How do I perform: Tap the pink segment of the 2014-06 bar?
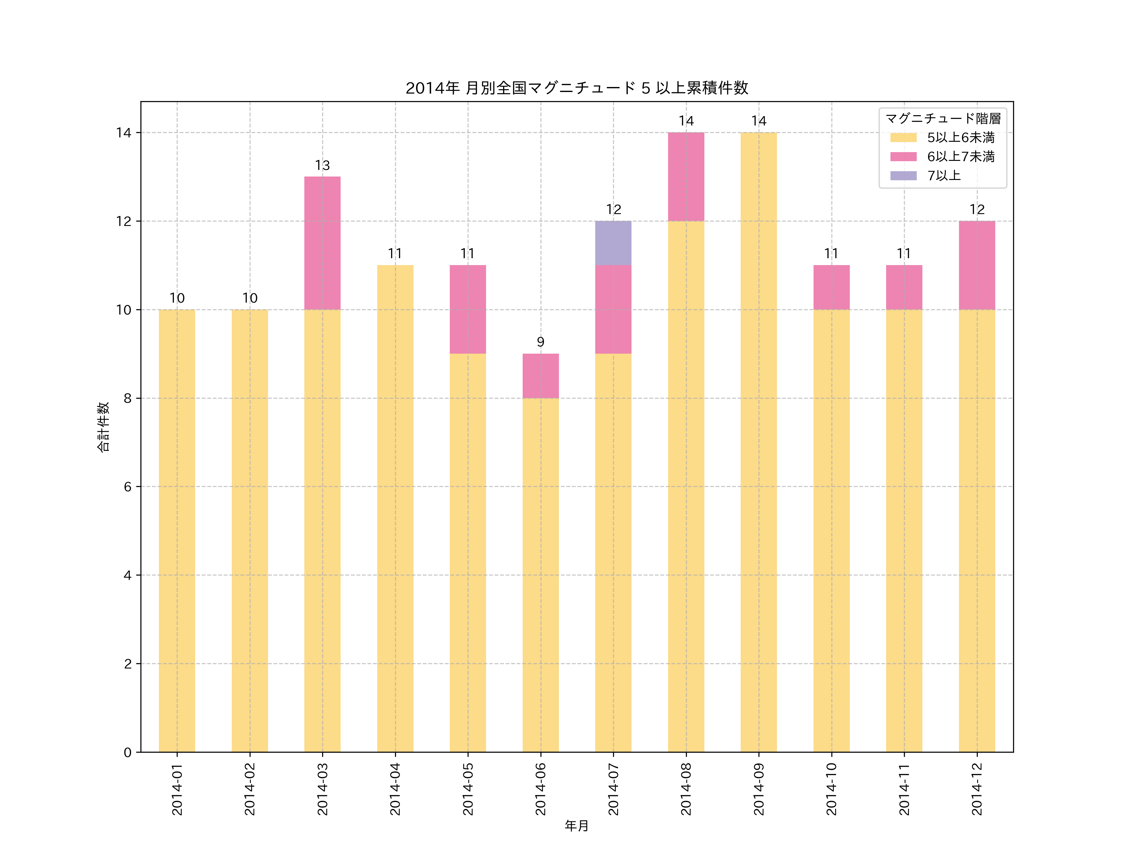pyautogui.click(x=540, y=376)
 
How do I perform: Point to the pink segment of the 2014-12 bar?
pyautogui.click(x=976, y=265)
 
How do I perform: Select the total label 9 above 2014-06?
pyautogui.click(x=540, y=342)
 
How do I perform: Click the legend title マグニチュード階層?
pyautogui.click(x=943, y=119)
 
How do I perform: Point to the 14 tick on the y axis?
pyautogui.click(x=124, y=133)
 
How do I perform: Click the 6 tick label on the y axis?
pyautogui.click(x=127, y=486)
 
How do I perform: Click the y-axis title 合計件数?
pyautogui.click(x=103, y=427)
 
